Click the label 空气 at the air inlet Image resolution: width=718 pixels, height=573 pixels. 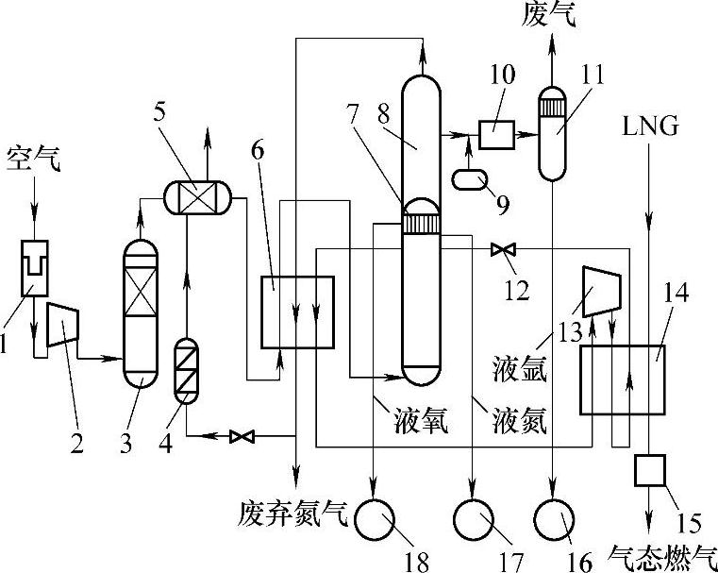pyautogui.click(x=34, y=158)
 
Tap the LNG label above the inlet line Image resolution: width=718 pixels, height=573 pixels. pyautogui.click(x=647, y=126)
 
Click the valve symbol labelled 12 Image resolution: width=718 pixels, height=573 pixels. pyautogui.click(x=501, y=249)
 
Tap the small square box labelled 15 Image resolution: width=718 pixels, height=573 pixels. pyautogui.click(x=651, y=469)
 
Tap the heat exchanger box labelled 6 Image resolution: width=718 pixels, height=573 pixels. pyautogui.click(x=296, y=311)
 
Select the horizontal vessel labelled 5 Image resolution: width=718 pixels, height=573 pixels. pyautogui.click(x=195, y=195)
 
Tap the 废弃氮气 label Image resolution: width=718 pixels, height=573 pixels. pyautogui.click(x=294, y=515)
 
